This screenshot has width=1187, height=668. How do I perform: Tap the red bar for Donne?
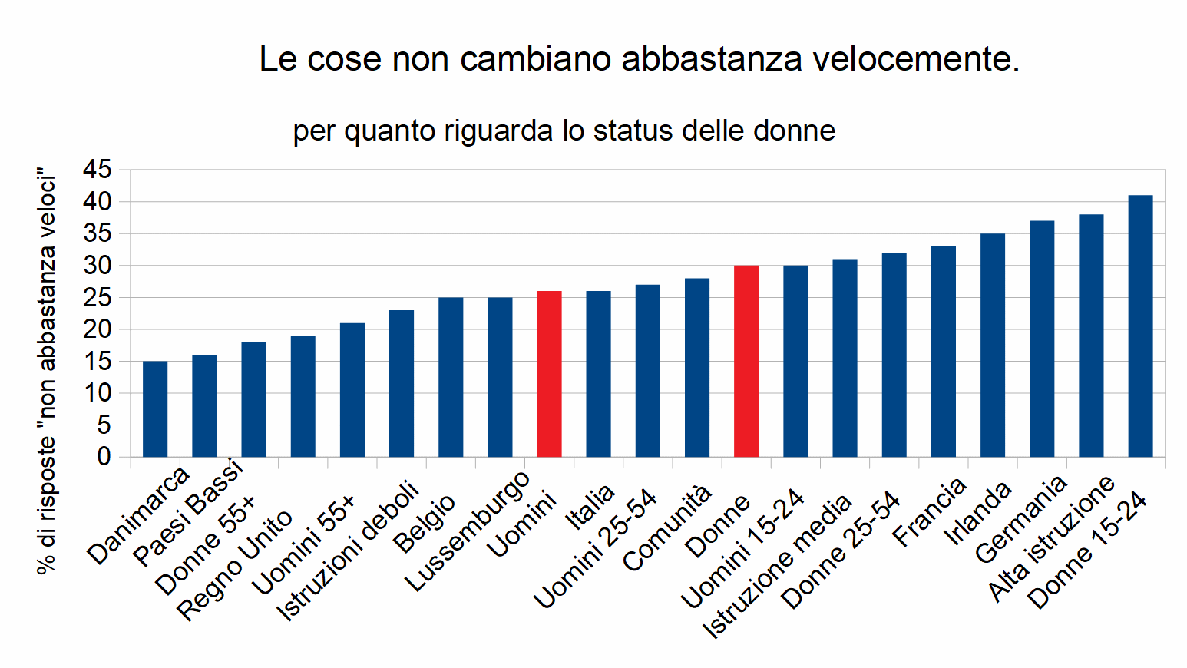click(x=746, y=361)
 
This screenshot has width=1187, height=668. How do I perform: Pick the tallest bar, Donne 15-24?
click(x=1140, y=326)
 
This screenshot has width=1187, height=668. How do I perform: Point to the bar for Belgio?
click(x=451, y=377)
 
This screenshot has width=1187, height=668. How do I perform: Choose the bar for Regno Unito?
click(x=303, y=396)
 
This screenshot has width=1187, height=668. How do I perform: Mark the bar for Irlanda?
click(x=993, y=346)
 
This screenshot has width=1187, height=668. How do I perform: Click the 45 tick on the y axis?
click(x=98, y=170)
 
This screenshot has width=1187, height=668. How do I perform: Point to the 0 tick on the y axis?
click(x=104, y=457)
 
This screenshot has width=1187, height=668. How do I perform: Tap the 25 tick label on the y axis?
click(x=98, y=297)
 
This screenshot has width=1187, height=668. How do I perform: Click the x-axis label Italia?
click(x=590, y=508)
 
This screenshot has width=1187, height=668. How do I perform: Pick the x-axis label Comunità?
click(x=667, y=529)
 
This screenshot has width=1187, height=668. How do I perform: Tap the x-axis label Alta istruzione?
click(x=1051, y=538)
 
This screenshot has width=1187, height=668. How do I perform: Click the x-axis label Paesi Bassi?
click(x=188, y=513)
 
